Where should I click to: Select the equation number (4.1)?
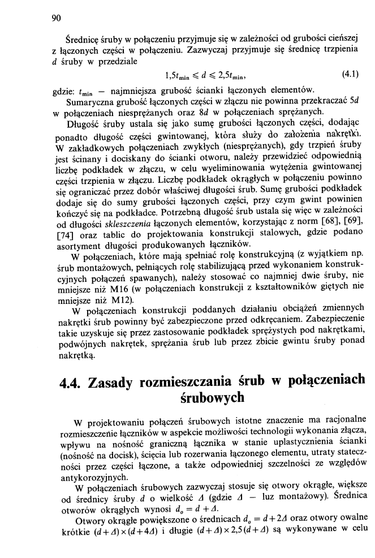click(353, 74)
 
